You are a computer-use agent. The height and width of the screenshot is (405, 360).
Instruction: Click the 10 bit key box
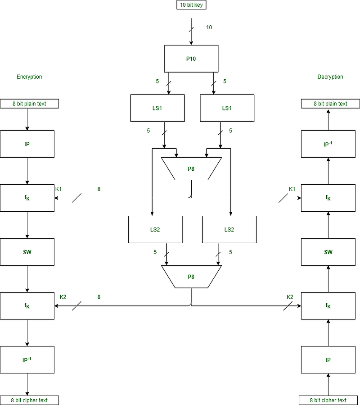click(191, 5)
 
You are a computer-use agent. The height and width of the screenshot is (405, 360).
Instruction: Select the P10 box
click(191, 59)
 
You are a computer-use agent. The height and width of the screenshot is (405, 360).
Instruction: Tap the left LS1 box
click(157, 108)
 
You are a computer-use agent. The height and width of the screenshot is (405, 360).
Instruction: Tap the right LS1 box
click(227, 108)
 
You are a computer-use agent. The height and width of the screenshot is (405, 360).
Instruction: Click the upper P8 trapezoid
click(191, 169)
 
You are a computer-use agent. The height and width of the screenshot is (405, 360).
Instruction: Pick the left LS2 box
click(155, 229)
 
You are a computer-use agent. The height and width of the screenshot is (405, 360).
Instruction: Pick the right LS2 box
click(229, 229)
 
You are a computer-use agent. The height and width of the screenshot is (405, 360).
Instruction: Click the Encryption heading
click(29, 77)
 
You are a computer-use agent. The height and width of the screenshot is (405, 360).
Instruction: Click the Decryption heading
click(330, 77)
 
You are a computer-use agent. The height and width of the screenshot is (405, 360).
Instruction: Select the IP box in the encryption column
click(27, 144)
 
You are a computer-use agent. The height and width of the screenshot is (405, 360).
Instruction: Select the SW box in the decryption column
click(328, 252)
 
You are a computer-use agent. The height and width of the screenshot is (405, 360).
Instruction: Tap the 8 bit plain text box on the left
click(29, 104)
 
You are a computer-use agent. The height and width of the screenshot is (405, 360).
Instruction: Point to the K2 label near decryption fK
click(290, 297)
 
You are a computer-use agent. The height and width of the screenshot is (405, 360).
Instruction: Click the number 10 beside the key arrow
click(209, 27)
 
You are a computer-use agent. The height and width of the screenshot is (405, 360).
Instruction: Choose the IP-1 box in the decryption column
click(328, 144)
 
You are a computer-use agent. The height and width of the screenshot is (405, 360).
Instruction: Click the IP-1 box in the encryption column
click(27, 360)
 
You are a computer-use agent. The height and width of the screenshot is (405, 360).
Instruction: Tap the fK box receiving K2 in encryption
click(27, 306)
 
